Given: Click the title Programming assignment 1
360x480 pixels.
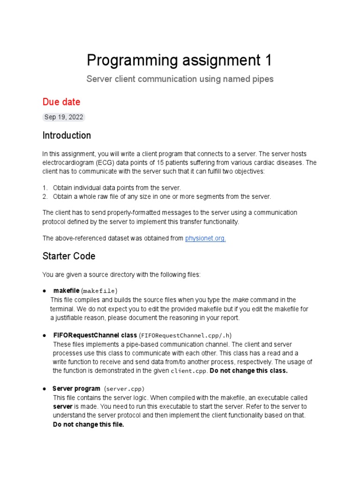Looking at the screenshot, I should [180, 60].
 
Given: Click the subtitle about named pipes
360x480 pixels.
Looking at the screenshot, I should [180, 79].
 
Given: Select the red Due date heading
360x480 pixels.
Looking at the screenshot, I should [61, 102].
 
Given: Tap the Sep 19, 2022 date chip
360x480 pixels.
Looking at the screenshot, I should [64, 117].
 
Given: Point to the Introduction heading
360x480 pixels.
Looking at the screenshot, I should [67, 135].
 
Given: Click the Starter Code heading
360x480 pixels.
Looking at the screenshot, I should [69, 256].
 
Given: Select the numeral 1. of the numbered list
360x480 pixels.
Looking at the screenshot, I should [45, 187].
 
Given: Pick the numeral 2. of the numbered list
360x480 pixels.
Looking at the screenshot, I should [45, 196].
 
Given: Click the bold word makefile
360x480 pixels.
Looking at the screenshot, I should [66, 291].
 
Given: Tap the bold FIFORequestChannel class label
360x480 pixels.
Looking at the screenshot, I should [95, 335].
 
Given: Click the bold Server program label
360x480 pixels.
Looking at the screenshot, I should [76, 389].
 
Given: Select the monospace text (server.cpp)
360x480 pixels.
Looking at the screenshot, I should [124, 389].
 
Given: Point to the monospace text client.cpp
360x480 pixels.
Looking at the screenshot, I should [188, 371].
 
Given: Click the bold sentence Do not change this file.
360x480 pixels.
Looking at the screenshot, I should [89, 425].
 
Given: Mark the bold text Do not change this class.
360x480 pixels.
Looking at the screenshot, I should [248, 371].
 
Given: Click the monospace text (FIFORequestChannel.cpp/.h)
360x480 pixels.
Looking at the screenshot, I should [185, 336].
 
